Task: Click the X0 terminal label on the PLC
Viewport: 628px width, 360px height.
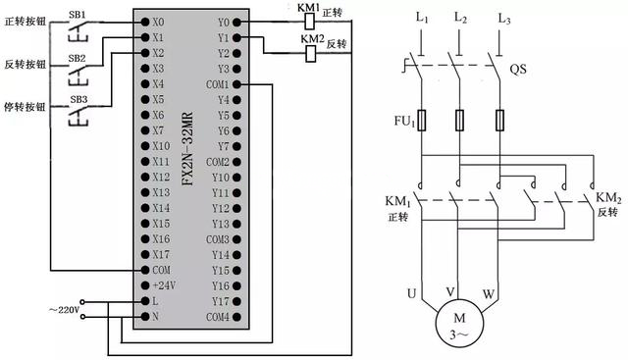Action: click(x=159, y=21)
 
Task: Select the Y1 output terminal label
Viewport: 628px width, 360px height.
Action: click(x=223, y=36)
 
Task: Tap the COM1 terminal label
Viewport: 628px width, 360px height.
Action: click(x=218, y=83)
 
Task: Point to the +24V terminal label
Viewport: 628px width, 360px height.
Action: click(x=162, y=285)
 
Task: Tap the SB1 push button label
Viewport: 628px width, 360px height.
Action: click(x=77, y=14)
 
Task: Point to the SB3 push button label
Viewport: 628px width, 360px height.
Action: click(x=77, y=101)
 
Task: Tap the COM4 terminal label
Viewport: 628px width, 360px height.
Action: click(x=218, y=317)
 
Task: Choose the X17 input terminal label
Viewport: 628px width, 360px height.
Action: click(x=162, y=254)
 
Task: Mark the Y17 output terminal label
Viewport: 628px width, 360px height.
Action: click(x=221, y=301)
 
